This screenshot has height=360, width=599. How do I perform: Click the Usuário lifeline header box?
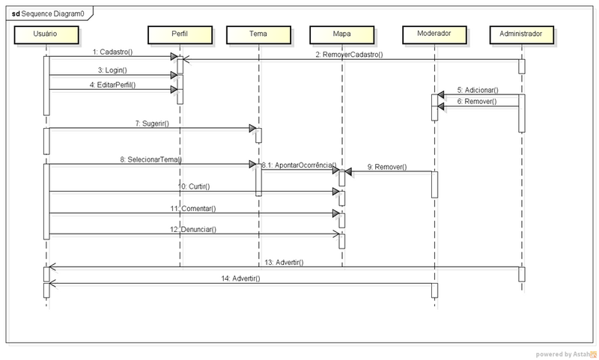pos(46,34)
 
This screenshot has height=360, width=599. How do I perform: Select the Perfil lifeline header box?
pos(180,34)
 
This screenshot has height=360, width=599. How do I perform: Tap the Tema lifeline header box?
pos(258,34)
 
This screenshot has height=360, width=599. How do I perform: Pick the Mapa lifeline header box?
pos(341,34)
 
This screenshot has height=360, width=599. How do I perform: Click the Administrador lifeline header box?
pos(521,34)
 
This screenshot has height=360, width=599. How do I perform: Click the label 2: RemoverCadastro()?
pos(349,55)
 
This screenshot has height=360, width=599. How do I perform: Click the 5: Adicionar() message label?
pos(478,90)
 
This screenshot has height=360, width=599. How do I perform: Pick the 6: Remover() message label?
pos(477,100)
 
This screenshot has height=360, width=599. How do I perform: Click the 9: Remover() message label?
pos(387,167)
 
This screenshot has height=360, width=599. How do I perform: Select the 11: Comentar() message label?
pos(192,208)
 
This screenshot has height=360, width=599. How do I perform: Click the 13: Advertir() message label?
pos(284,262)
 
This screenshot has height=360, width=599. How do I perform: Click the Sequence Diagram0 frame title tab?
pos(48,13)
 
